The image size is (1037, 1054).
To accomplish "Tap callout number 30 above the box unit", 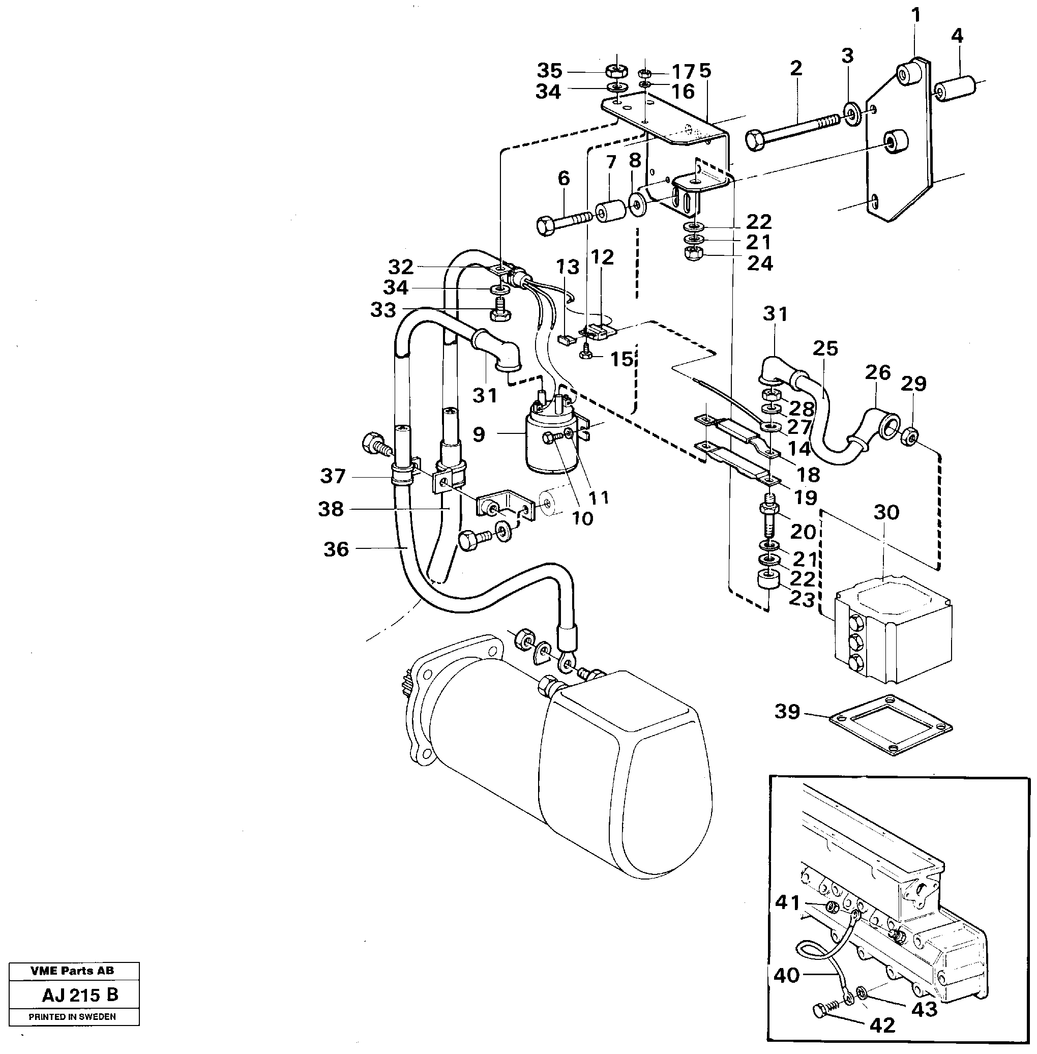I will point(886,513).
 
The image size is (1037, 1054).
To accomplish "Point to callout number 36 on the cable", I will point(336,549).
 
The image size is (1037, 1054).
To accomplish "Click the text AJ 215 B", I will point(79,995).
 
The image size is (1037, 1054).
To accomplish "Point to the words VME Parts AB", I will point(72,971).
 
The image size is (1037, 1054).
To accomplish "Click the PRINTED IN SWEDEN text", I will point(72,1016).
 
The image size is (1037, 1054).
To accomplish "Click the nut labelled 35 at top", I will point(616,71).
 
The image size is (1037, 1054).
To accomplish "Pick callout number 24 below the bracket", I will point(759,263).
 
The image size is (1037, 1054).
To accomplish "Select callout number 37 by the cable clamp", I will point(332,476).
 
